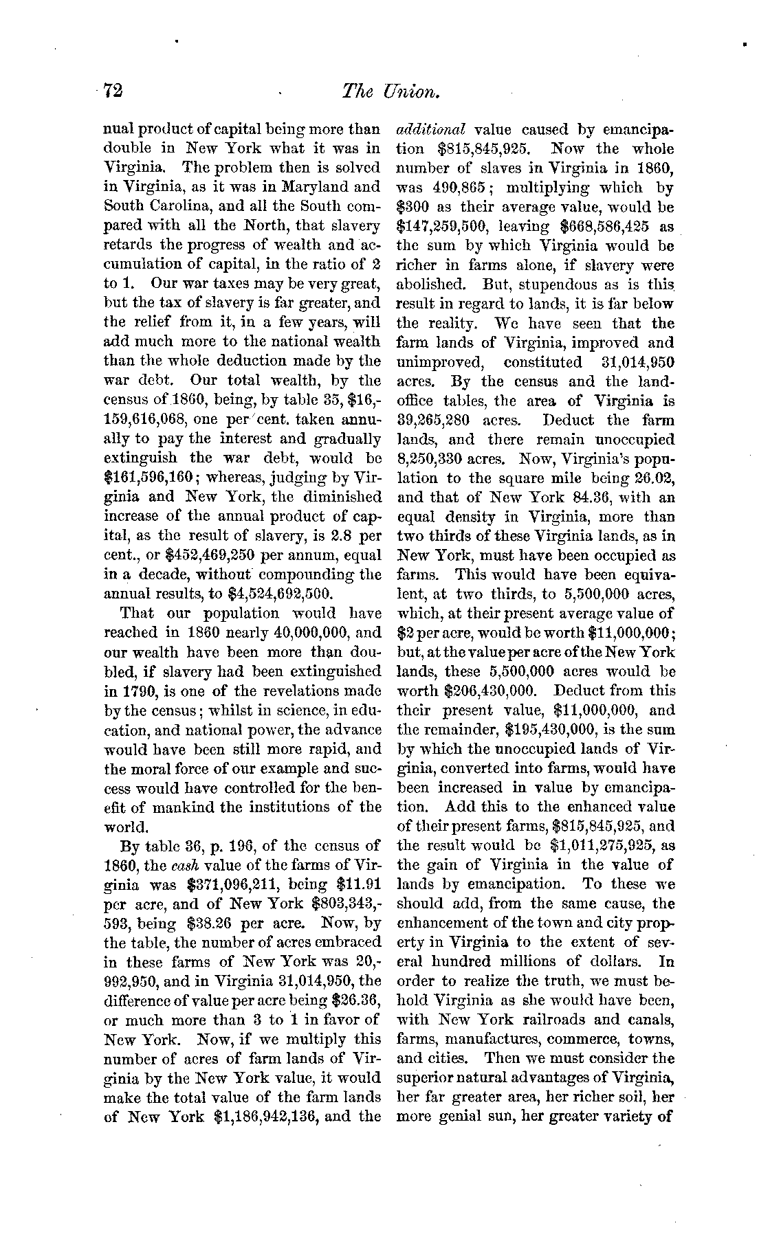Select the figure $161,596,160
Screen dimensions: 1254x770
141,477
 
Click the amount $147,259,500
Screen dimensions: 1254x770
441,226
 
